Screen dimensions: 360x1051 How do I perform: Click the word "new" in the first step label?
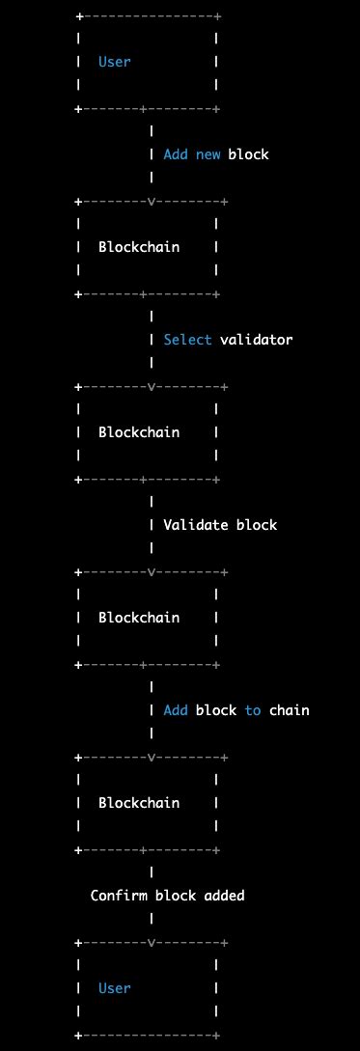point(208,154)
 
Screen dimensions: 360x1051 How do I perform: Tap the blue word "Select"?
point(188,340)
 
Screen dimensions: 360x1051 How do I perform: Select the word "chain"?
point(290,710)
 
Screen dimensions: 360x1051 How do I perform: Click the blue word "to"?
point(253,710)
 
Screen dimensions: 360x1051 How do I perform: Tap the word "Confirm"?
point(119,896)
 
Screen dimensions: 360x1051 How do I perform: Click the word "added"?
point(224,896)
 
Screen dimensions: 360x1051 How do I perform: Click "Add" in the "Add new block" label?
point(176,154)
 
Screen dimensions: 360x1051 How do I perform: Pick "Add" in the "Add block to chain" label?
point(176,710)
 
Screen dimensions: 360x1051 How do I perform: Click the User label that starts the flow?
point(115,62)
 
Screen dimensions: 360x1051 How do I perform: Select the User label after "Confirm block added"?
point(115,988)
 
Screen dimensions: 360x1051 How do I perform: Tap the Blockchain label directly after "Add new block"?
point(139,247)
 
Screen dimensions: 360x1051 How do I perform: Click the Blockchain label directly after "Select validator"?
point(139,432)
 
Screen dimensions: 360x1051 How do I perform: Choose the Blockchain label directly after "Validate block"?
point(139,618)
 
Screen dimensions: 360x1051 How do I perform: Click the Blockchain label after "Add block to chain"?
point(139,803)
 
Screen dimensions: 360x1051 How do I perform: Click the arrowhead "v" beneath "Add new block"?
point(152,202)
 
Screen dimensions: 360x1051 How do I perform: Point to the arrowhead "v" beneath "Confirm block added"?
point(152,943)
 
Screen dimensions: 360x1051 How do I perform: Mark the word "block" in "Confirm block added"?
point(176,896)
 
